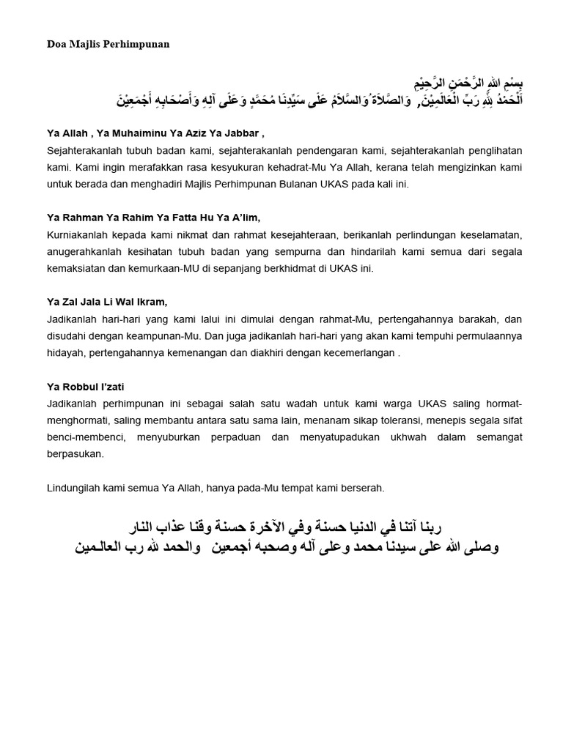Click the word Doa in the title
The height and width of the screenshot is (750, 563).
56,44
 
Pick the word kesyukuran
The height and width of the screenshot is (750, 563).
249,167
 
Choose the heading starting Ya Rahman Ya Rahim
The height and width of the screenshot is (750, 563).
153,218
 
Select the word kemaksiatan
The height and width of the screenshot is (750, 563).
79,268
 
